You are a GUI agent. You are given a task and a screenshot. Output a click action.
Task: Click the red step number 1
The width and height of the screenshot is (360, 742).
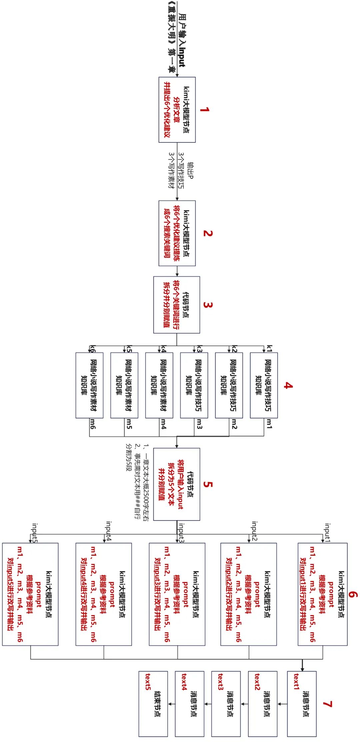(x=205, y=110)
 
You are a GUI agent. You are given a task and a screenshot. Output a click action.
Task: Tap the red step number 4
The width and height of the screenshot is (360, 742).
(x=288, y=386)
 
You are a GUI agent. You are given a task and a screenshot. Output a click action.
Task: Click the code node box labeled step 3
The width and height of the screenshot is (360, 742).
(x=177, y=305)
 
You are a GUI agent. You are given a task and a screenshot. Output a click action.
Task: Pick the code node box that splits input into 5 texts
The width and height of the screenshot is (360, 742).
(x=177, y=484)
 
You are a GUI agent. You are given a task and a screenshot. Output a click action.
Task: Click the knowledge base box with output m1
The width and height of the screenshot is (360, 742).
(x=264, y=385)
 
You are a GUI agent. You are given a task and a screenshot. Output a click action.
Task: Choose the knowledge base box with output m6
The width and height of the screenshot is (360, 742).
(x=89, y=385)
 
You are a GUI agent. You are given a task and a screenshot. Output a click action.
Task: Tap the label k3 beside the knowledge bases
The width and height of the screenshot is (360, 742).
(x=199, y=349)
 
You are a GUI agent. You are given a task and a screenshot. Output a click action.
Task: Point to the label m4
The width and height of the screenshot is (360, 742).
(x=163, y=424)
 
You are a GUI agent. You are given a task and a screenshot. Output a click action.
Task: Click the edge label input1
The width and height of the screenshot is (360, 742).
(x=327, y=533)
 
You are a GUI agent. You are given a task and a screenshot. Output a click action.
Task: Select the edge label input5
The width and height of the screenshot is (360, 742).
(x=34, y=533)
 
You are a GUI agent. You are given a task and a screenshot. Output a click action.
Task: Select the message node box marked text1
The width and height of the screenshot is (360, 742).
(x=302, y=704)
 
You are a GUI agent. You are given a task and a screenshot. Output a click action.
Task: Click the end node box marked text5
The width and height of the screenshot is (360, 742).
(x=153, y=704)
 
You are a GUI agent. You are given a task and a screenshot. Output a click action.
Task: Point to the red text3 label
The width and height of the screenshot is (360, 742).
(x=220, y=682)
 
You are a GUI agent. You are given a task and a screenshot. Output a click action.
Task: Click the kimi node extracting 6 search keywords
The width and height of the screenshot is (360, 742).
(x=177, y=233)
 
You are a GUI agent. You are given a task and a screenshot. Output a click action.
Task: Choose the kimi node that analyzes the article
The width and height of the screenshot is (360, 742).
(x=177, y=110)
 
